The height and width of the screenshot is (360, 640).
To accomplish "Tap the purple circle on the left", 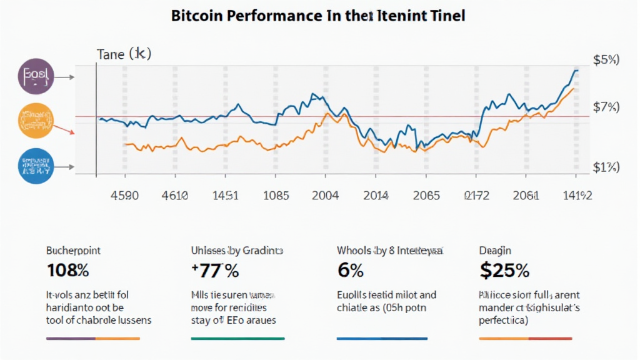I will point(36,77).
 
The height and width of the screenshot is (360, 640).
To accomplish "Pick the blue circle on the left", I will point(36,166).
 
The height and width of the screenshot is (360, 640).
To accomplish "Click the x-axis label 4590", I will point(124,195).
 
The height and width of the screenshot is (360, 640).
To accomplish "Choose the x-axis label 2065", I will point(426,195).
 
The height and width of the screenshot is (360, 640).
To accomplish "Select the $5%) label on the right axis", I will point(605,61).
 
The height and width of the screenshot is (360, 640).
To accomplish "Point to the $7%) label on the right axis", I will point(605,107).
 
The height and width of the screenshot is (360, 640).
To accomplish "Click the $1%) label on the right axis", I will point(605,167).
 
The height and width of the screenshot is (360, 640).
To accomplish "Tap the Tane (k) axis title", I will point(124,54).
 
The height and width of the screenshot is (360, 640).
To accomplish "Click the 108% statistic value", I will point(67,271).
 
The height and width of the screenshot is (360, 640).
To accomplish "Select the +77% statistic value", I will point(215,271).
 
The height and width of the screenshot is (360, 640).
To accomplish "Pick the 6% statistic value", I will point(350,271).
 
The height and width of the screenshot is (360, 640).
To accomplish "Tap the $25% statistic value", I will point(504,271).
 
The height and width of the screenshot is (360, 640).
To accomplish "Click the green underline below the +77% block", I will point(237,338).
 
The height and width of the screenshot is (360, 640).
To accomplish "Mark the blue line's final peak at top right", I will point(575,71).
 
